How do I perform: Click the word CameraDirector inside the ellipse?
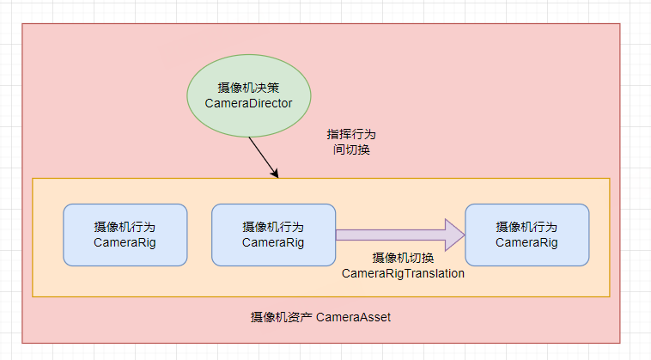coord(248,103)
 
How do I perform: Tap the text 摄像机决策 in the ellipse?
coord(248,88)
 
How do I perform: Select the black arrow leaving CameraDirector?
coord(262,156)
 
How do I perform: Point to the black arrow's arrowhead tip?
coord(278,177)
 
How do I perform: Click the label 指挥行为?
coord(351,135)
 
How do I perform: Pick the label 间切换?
coord(351,149)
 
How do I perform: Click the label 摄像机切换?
coord(403,259)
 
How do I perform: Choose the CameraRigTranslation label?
coord(403,273)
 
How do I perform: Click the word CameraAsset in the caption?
coord(354,317)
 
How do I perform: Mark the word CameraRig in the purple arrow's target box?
coord(526,242)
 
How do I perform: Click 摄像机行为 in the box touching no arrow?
coord(125,228)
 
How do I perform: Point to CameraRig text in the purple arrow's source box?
coord(273,242)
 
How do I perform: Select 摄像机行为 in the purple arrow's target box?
coord(526,228)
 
